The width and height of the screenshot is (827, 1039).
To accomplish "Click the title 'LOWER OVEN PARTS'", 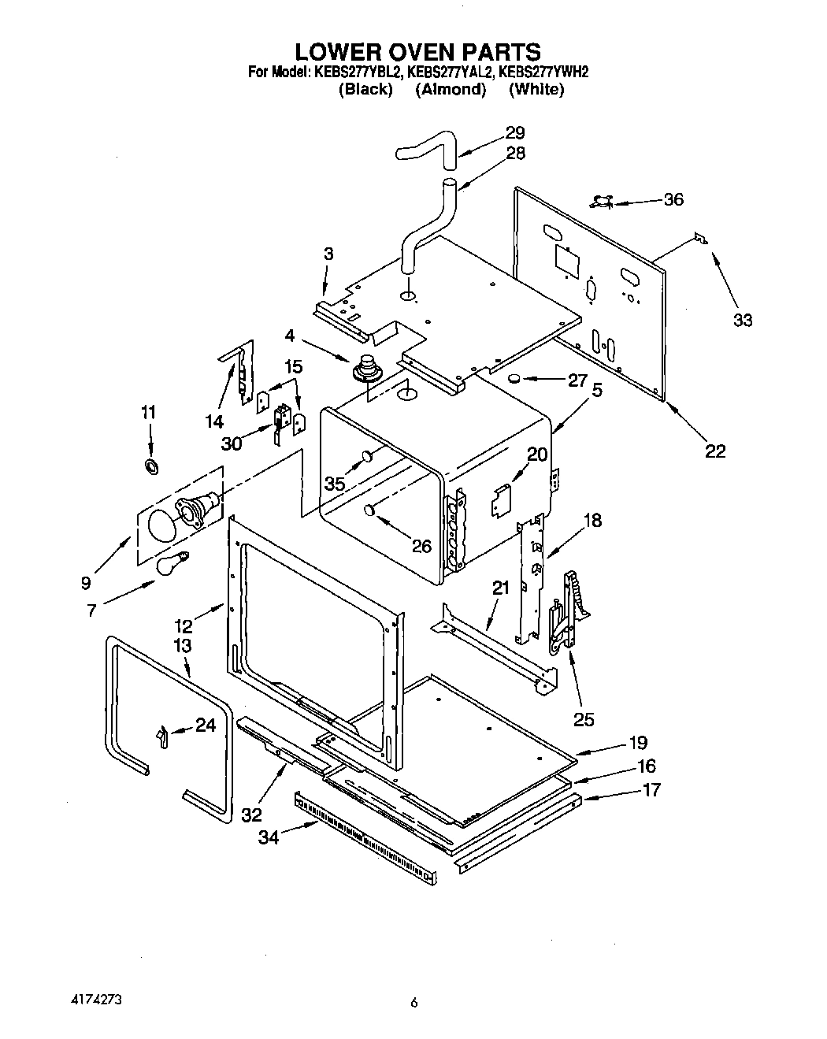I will click(x=417, y=52).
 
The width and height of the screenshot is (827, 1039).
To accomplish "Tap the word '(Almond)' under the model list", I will click(x=451, y=90).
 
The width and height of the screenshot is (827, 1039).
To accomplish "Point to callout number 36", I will click(x=673, y=199).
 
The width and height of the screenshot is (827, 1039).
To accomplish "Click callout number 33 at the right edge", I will click(x=743, y=320).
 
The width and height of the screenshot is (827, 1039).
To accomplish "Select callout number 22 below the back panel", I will click(x=714, y=451).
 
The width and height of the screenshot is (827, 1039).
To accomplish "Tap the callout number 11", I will click(x=149, y=412).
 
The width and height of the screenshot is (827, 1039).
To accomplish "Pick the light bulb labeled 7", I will click(x=172, y=564).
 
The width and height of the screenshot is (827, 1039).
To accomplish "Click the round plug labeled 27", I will click(x=515, y=380).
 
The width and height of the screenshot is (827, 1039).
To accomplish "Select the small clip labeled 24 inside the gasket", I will click(x=161, y=737).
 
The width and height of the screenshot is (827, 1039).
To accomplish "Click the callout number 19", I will click(x=637, y=742).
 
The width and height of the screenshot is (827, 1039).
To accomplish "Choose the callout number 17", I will click(x=651, y=789).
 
